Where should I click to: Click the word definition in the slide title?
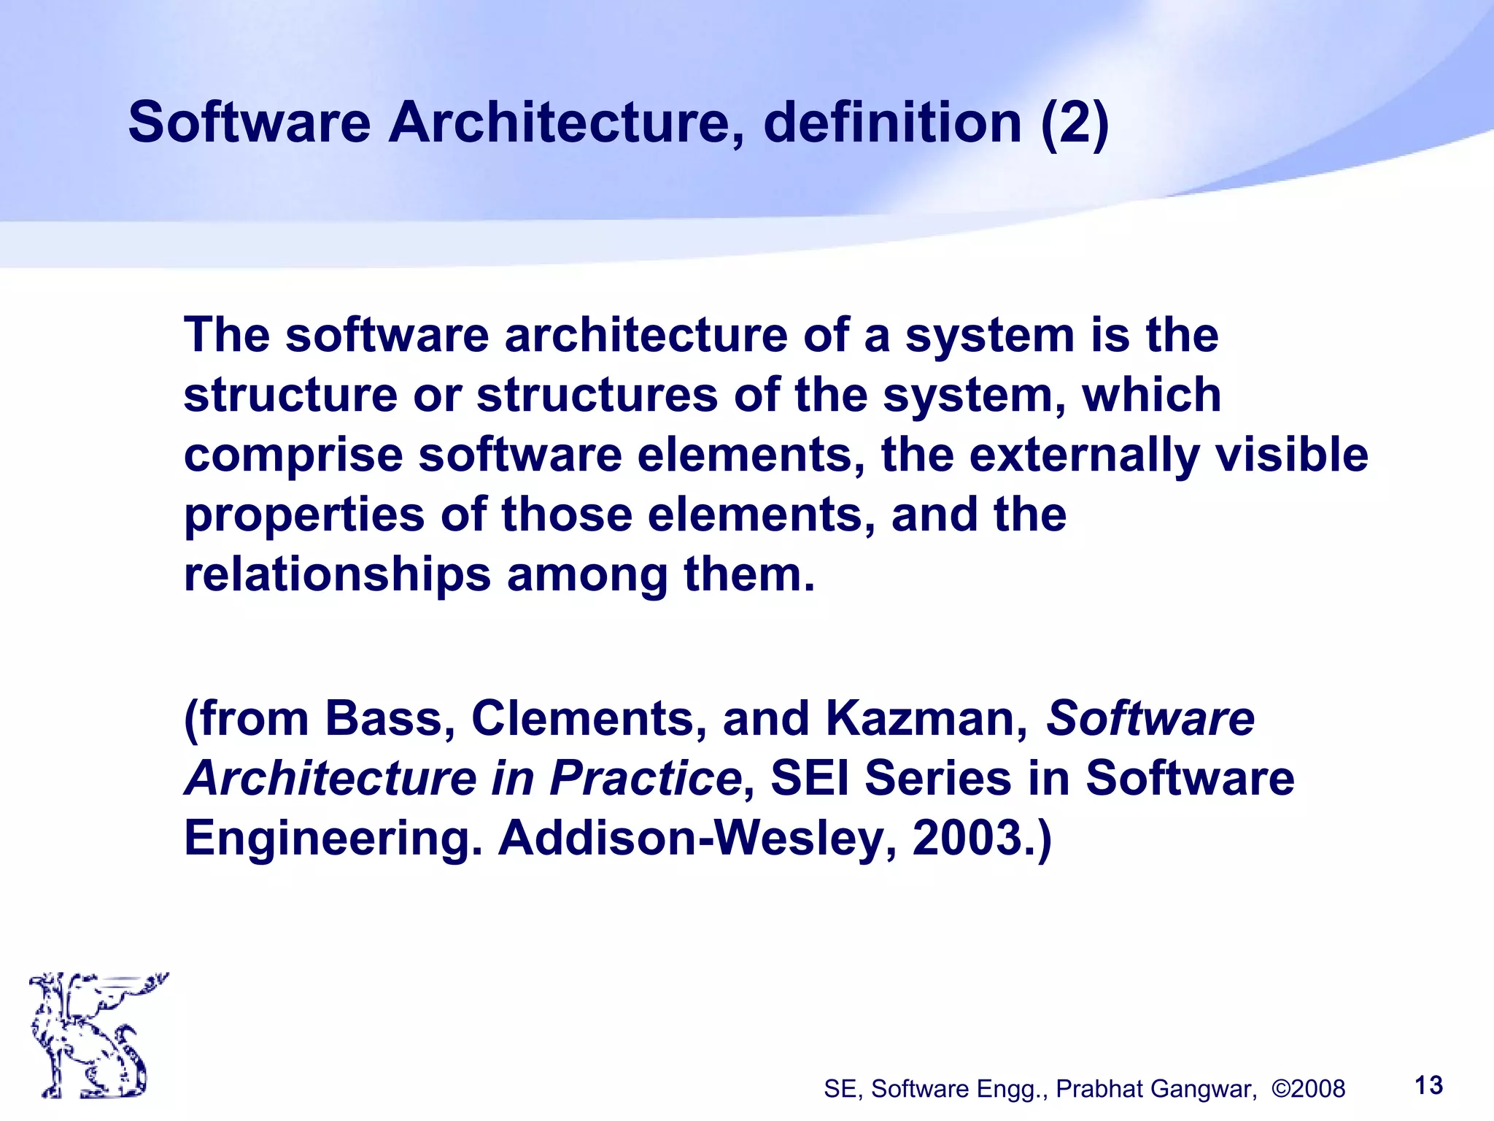tap(891, 123)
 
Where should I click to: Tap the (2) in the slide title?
tap(1074, 123)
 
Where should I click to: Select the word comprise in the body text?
tap(293, 455)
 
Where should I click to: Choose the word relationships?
tap(337, 575)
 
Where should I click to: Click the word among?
tap(587, 575)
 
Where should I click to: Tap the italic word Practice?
tap(645, 778)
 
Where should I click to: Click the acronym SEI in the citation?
tap(809, 778)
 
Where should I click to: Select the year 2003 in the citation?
tap(967, 838)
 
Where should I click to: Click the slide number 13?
tap(1428, 1085)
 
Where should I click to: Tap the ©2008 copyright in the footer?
tap(1308, 1089)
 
